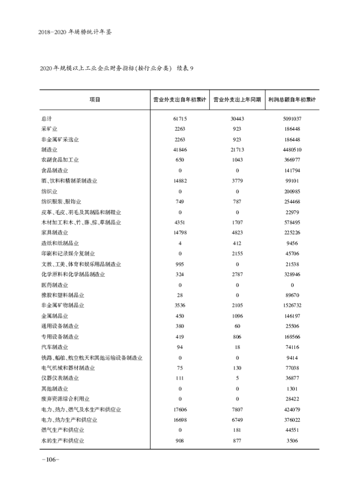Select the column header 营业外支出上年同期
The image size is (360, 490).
(x=237, y=100)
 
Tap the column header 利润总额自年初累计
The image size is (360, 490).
(x=292, y=100)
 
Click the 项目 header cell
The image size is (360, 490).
(x=94, y=100)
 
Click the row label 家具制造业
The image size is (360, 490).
(x=54, y=233)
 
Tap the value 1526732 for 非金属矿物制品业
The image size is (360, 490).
(x=292, y=305)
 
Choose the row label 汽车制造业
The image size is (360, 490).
(x=54, y=347)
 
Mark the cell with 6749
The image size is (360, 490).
(x=237, y=420)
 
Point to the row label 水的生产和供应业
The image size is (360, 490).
(x=63, y=440)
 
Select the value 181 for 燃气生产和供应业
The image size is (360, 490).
(x=237, y=430)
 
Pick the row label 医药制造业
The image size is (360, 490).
(x=54, y=285)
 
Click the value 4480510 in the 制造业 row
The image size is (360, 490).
(x=292, y=150)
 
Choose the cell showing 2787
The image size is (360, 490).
(x=237, y=274)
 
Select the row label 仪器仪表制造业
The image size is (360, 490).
(x=60, y=378)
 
